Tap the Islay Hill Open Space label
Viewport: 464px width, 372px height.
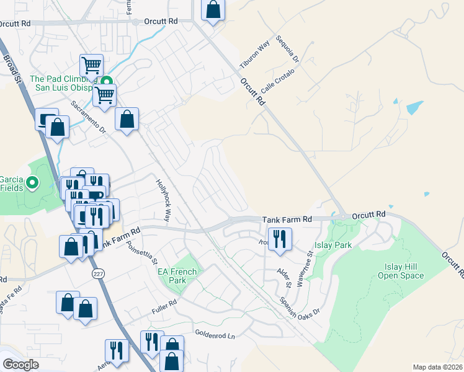tap(400, 271)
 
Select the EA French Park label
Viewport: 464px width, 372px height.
tap(177, 276)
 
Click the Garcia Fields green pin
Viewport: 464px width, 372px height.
tap(34, 183)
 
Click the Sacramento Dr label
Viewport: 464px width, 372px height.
tap(88, 117)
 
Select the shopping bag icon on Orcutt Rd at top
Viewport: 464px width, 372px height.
tap(213, 9)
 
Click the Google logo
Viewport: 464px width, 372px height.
tap(20, 365)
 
